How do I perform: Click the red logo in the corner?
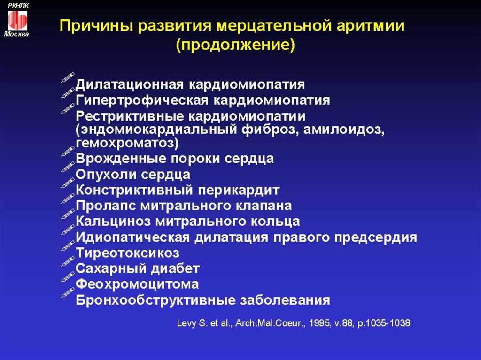pos(17,20)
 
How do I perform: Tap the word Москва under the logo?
pos(16,34)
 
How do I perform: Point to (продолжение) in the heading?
pos(236,45)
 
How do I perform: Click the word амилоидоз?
pos(343,130)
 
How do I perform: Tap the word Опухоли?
pos(106,175)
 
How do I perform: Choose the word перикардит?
pos(239,191)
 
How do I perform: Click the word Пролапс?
pos(106,206)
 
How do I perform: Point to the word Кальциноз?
pos(113,222)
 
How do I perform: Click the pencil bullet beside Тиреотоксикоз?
pos(68,245)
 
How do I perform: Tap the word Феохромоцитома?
pos(137,284)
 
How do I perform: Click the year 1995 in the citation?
pos(320,323)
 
